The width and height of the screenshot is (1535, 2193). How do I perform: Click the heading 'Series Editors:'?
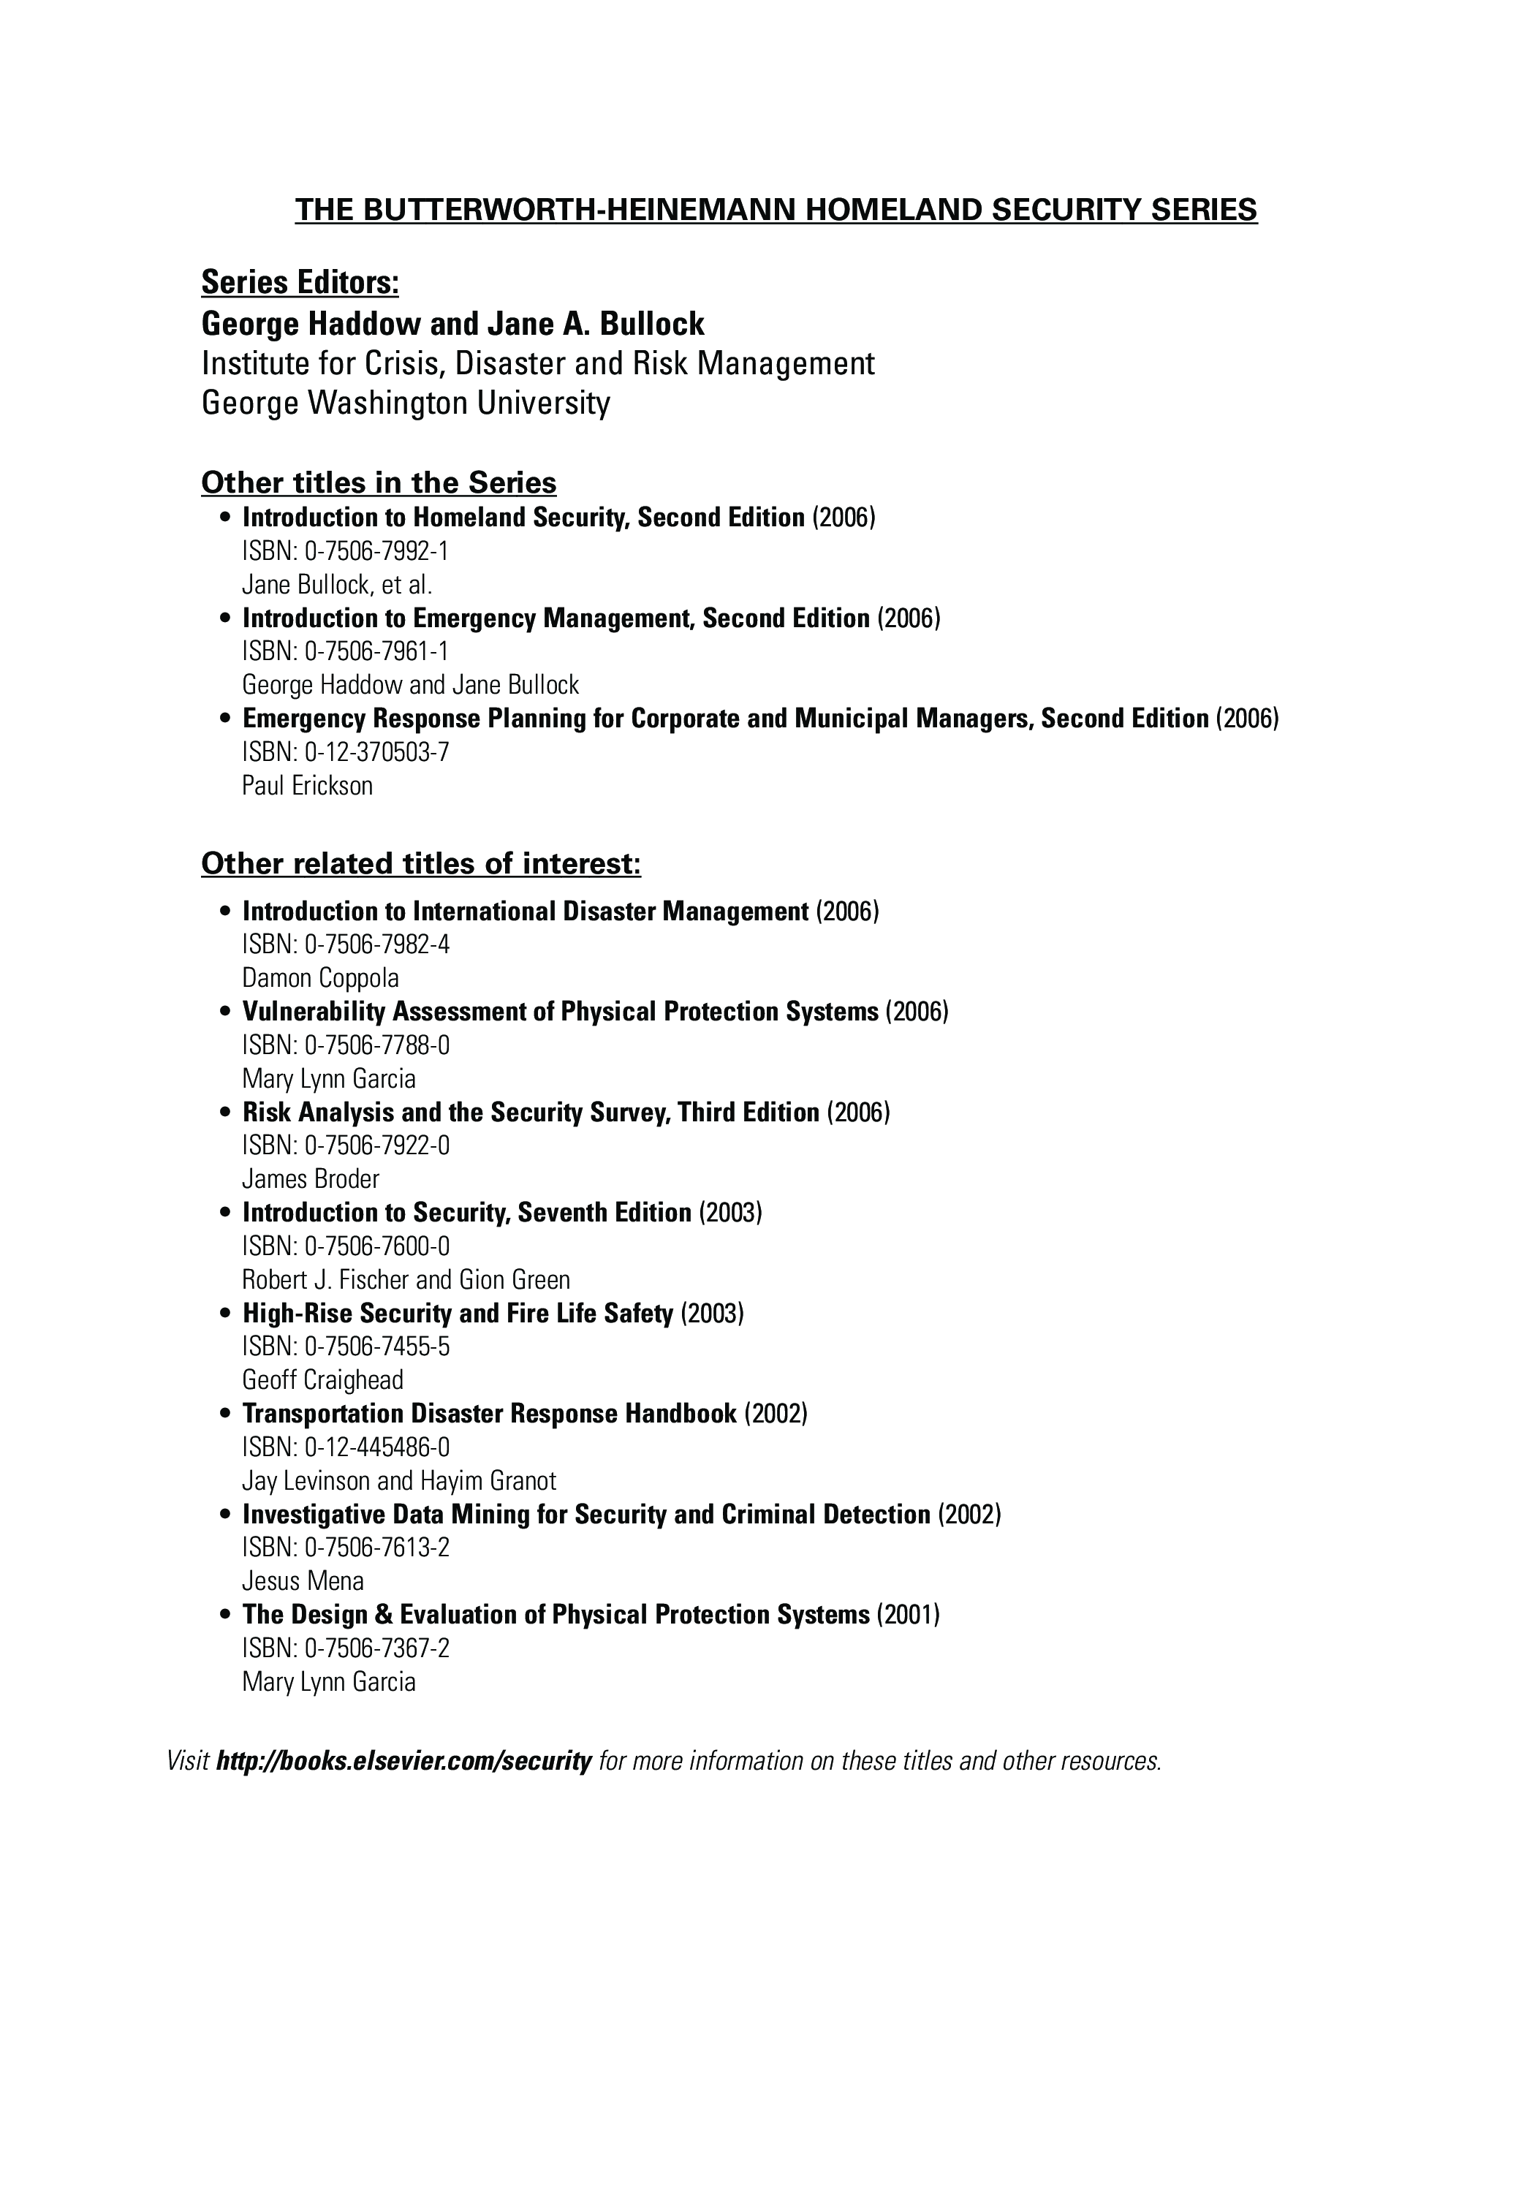coord(300,283)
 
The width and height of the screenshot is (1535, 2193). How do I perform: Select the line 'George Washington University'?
coord(405,403)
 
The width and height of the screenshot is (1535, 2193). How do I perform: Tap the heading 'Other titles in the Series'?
coord(378,482)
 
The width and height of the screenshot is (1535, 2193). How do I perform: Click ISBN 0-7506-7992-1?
coord(345,551)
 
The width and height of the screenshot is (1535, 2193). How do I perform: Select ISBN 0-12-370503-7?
coord(345,753)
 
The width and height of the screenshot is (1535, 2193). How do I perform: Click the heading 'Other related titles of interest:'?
coord(420,863)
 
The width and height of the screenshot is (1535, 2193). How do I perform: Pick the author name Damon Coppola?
coord(320,978)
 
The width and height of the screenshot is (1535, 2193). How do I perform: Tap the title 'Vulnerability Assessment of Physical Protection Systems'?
coord(560,1012)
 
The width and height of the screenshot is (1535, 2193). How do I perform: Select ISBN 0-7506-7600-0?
coord(345,1246)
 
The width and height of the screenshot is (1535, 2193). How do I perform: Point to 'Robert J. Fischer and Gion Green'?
coord(406,1280)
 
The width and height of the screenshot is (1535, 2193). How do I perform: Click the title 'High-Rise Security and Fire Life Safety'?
coord(458,1314)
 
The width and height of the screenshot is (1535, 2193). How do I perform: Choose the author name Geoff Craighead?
coord(323,1380)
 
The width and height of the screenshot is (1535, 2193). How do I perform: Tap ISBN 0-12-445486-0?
coord(345,1447)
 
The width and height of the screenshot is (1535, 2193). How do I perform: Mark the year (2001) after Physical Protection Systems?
coord(907,1614)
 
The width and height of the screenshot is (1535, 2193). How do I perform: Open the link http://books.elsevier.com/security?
coord(404,1760)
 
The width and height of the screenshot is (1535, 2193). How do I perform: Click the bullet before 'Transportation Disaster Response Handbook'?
coord(225,1414)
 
